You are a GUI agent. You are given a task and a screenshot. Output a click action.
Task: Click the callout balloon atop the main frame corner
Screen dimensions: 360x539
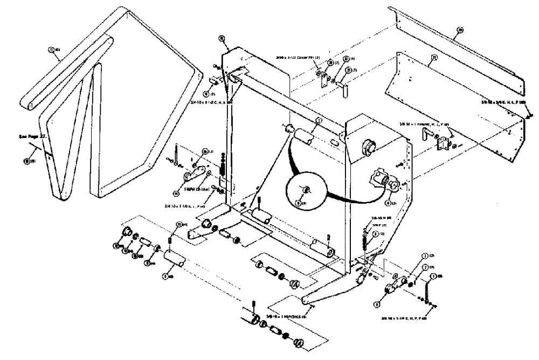pyautogui.click(x=222, y=38)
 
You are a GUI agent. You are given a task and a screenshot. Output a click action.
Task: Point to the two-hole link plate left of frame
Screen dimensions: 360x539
pyautogui.click(x=195, y=175)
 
